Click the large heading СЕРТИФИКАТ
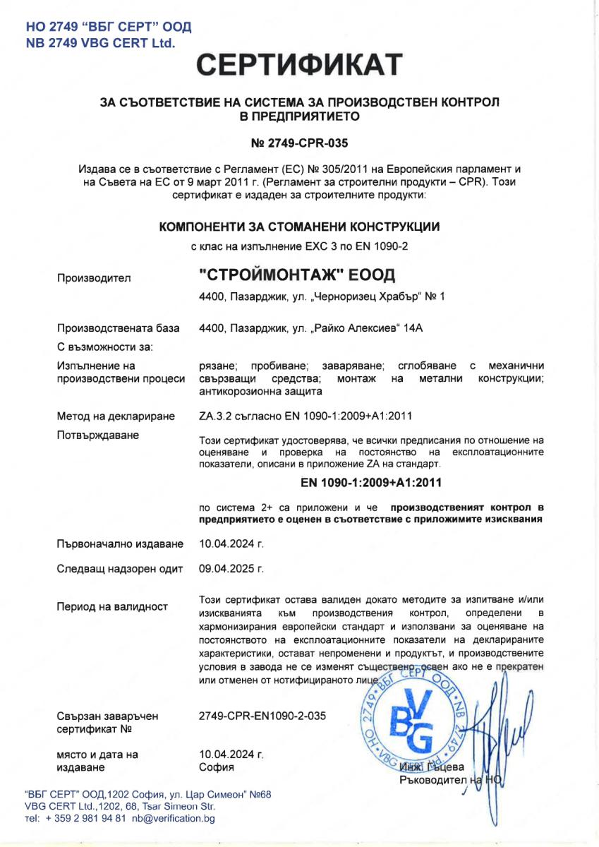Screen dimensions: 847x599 pos(299,65)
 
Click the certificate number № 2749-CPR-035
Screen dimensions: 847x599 pos(299,142)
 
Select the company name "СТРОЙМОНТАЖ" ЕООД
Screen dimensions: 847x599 pos(298,273)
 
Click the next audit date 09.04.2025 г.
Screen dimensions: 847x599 pos(231,568)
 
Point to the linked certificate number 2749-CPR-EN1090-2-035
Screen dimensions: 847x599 pos(263,716)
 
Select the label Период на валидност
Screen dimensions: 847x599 pos(112,606)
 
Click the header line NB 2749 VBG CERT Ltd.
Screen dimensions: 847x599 pos(99,43)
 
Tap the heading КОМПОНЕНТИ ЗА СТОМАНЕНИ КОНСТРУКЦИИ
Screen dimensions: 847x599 pos(299,227)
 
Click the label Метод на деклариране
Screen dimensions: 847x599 pos(115,417)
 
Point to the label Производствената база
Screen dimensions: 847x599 pos(118,328)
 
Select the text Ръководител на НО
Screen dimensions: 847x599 pos(449,780)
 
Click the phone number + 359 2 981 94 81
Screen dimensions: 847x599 pos(86,819)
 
